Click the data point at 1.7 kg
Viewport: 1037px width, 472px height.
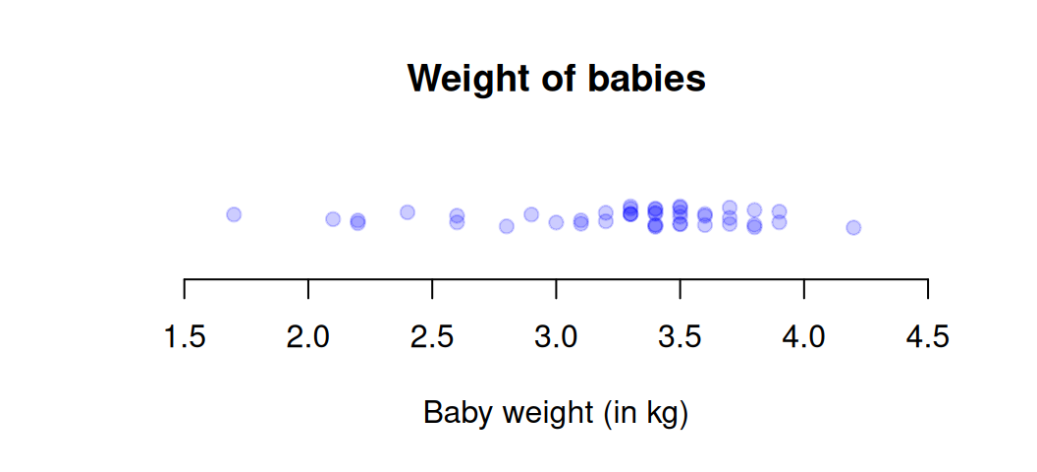(234, 214)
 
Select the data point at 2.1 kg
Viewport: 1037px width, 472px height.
(333, 218)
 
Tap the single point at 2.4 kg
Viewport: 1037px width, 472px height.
(408, 211)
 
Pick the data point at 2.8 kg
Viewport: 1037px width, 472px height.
(507, 226)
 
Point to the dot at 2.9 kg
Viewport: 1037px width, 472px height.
(531, 214)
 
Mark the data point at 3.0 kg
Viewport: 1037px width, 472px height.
(556, 222)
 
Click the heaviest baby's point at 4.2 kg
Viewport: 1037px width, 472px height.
(853, 227)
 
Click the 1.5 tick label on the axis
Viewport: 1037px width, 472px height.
(185, 338)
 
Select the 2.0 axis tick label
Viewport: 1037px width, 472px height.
(308, 338)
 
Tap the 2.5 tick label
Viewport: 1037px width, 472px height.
(432, 338)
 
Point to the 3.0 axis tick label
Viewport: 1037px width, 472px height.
(556, 338)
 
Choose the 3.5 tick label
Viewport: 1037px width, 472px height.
(680, 338)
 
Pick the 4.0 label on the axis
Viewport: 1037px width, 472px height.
(804, 338)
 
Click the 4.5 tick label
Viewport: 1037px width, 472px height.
(928, 338)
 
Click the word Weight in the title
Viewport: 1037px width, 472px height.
(463, 79)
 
